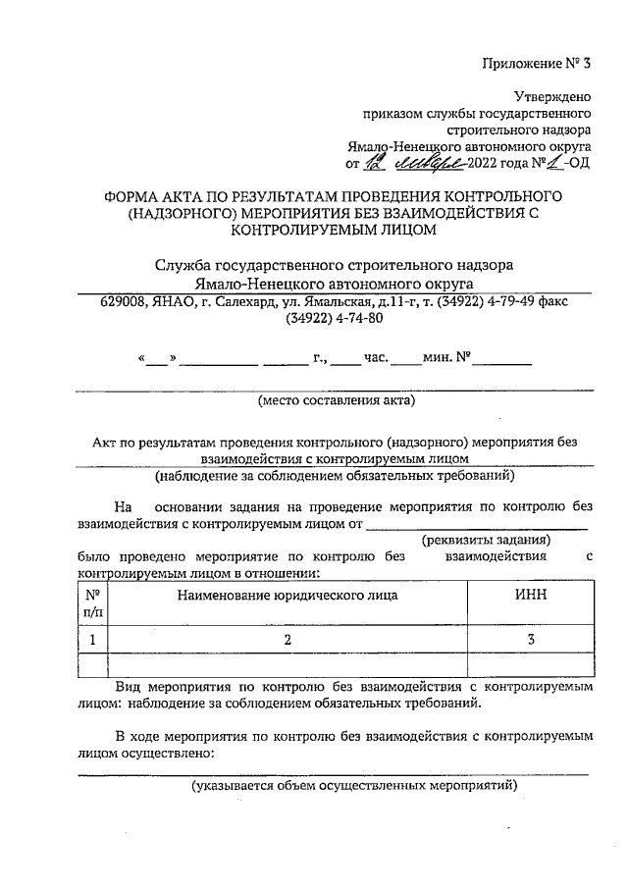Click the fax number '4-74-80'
[x=360, y=319]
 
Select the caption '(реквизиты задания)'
[x=486, y=540]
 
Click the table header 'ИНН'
[x=530, y=595]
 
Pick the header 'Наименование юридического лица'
[x=288, y=595]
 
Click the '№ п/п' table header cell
[x=93, y=602]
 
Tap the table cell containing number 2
[x=288, y=640]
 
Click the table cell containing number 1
[x=93, y=640]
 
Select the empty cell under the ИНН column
[x=530, y=666]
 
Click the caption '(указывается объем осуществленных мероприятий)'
[x=353, y=786]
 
